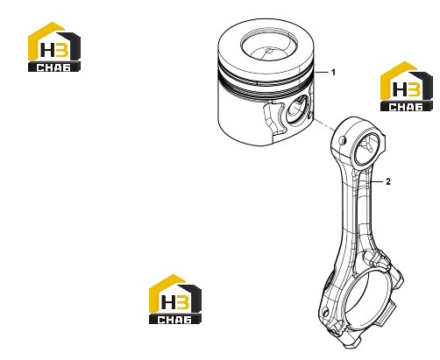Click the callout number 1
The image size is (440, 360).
point(333,72)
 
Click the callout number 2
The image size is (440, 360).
point(387,181)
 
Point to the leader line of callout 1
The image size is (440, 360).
point(321,72)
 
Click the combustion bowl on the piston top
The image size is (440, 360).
point(269,46)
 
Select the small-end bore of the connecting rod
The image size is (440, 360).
point(366,147)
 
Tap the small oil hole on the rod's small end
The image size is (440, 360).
point(344,140)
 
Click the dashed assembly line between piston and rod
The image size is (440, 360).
point(324,124)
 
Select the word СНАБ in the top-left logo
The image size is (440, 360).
point(53,67)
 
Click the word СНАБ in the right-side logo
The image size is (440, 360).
point(406,107)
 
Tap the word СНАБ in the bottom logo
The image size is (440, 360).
point(174,320)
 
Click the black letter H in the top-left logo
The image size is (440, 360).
point(46,50)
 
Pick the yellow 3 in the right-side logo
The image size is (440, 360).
point(414,89)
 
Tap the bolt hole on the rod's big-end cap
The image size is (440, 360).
point(325,312)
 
